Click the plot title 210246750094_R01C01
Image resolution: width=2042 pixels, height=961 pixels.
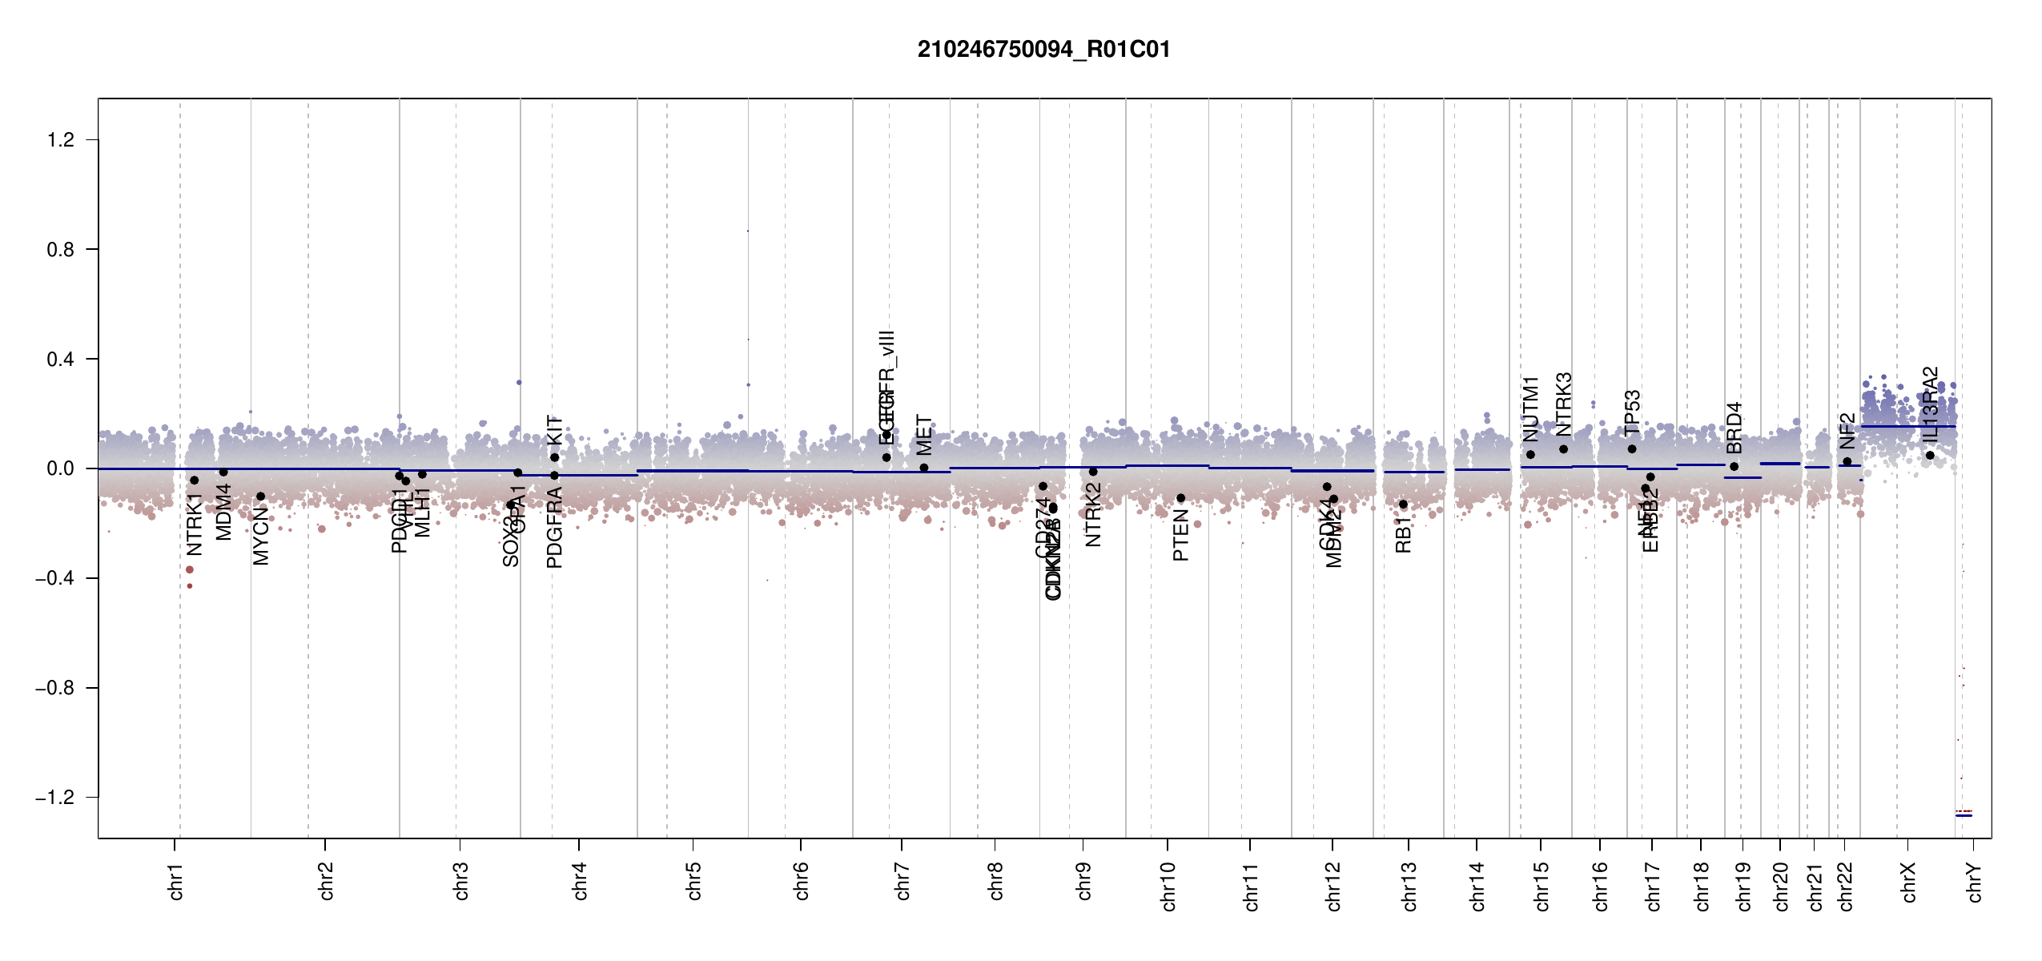[x=1043, y=50]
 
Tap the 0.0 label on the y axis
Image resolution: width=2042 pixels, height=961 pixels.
[x=61, y=468]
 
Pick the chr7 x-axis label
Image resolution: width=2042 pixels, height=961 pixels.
[x=902, y=882]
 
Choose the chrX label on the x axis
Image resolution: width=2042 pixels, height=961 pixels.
[x=1908, y=882]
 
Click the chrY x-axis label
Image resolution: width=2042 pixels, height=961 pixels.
[x=1975, y=882]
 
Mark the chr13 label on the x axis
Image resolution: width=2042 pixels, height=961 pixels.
[x=1409, y=886]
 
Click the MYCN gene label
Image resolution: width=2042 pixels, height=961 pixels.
[x=261, y=536]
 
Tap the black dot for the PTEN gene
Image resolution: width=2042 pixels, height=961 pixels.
[x=1180, y=498]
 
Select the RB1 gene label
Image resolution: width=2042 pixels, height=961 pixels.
[x=1403, y=535]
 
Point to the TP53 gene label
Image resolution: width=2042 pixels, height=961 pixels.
[x=1632, y=412]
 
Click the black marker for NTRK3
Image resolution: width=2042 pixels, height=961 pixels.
[x=1563, y=449]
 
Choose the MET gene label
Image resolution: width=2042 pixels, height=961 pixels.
[x=924, y=435]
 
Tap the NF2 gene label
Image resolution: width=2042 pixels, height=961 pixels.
[x=1847, y=432]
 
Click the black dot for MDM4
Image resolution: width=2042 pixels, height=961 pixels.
[x=223, y=472]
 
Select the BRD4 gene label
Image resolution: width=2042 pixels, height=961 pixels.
[x=1734, y=428]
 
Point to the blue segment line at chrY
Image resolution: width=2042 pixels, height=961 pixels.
[x=1964, y=815]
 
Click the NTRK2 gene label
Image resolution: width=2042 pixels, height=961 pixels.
[x=1093, y=514]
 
